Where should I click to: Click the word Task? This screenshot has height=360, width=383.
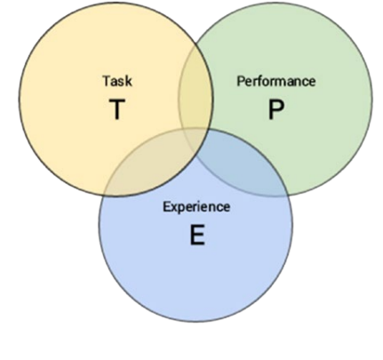[117, 81]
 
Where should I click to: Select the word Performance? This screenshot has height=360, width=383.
[275, 81]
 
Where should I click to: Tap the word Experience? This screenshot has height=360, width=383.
[196, 207]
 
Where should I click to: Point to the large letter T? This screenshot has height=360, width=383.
[117, 109]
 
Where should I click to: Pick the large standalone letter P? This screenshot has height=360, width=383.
[275, 109]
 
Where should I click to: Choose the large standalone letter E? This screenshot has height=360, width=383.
[197, 235]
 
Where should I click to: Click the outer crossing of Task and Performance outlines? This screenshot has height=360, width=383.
[195, 45]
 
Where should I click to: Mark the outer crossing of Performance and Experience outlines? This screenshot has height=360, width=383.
[287, 194]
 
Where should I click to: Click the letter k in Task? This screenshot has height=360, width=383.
[128, 81]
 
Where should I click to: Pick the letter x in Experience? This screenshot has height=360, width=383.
[174, 208]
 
